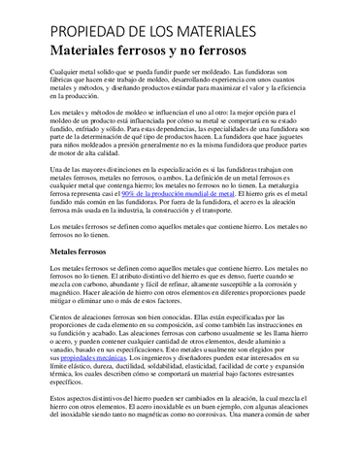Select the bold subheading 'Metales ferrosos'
click(x=83, y=251)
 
